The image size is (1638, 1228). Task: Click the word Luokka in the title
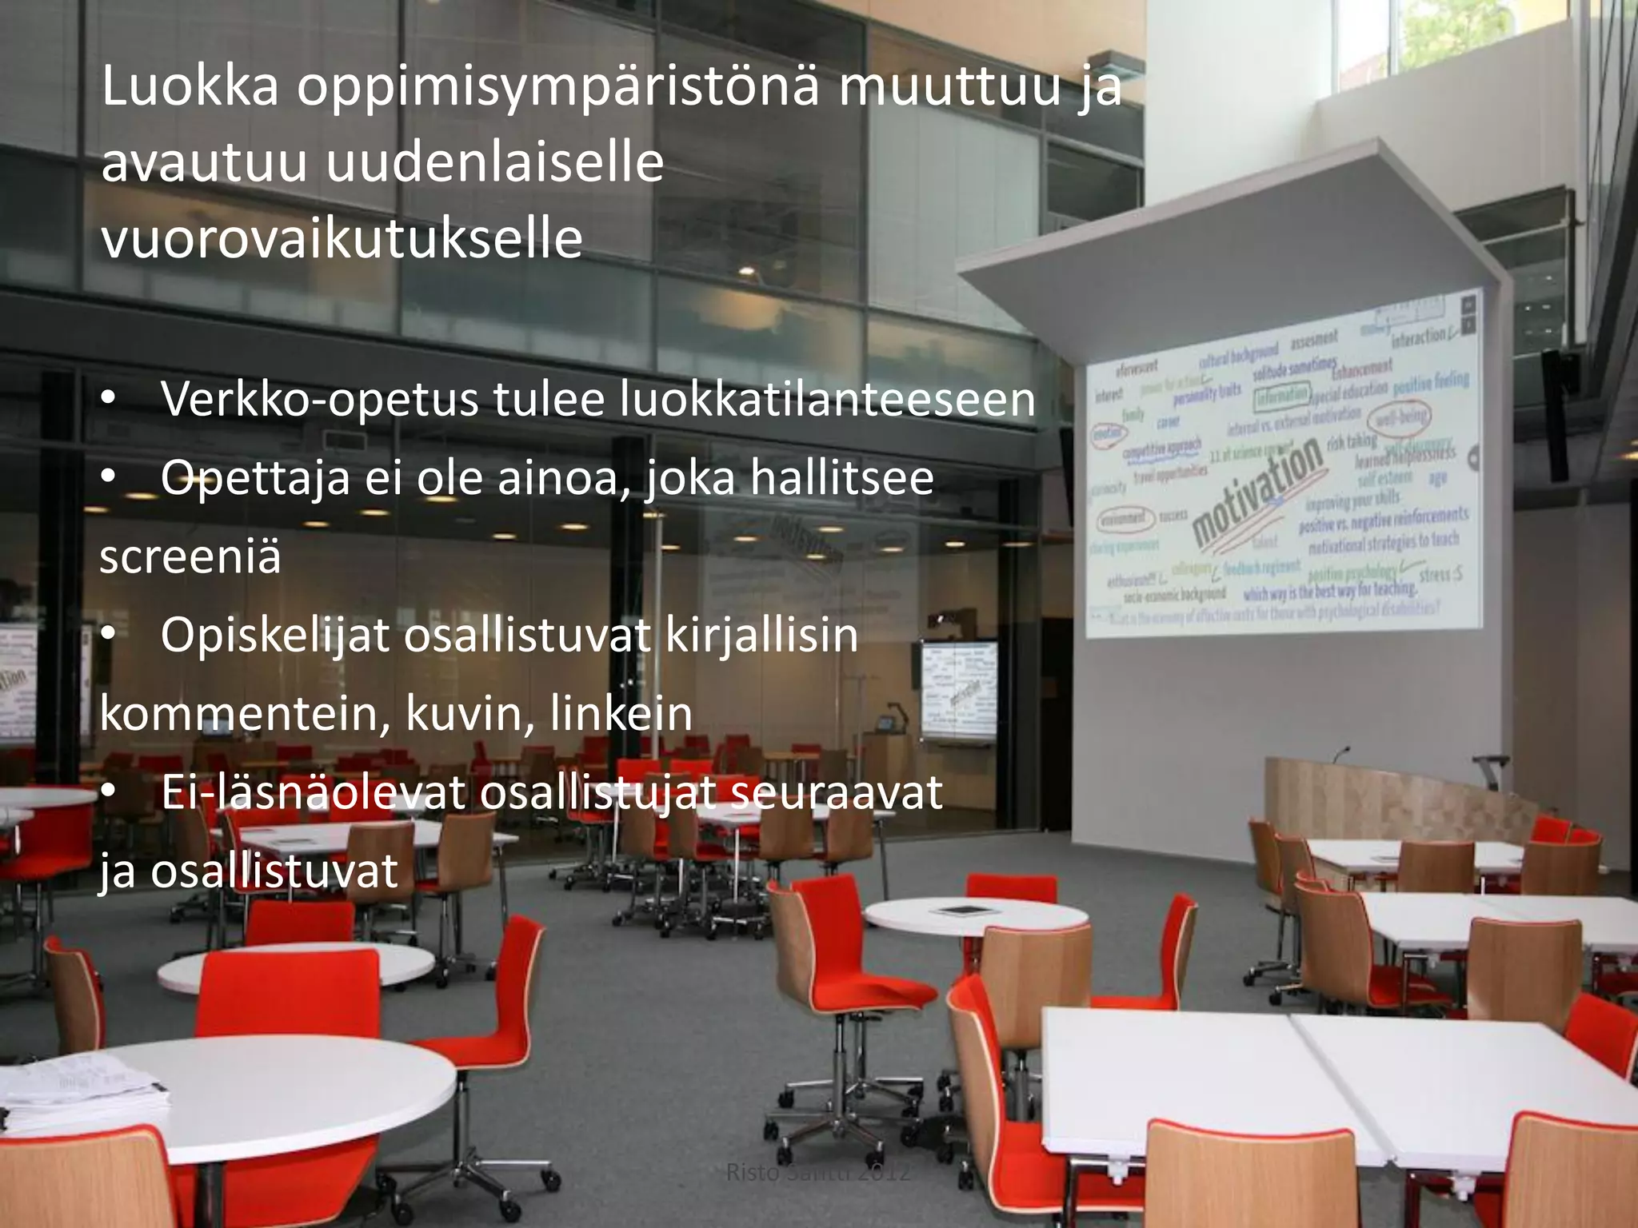coord(190,87)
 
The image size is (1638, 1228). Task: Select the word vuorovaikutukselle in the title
coord(342,239)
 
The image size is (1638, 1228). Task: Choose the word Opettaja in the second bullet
coord(255,477)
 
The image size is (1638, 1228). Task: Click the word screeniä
coord(190,556)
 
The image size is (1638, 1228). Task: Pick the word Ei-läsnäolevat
coord(313,792)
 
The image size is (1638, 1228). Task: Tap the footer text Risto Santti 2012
coord(817,1173)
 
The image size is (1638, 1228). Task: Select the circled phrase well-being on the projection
coord(1401,417)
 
